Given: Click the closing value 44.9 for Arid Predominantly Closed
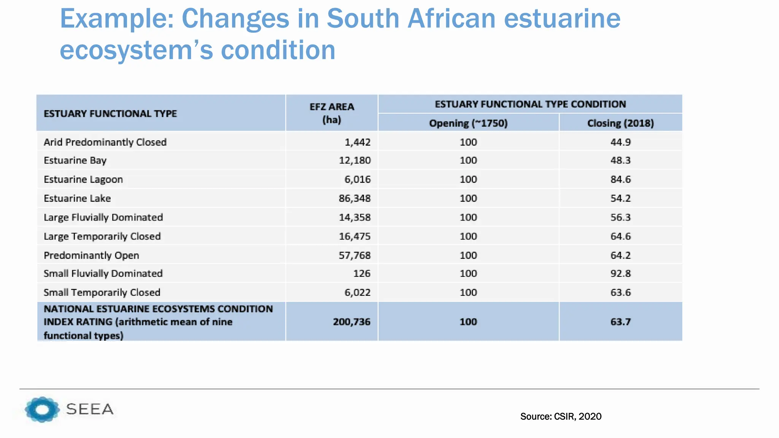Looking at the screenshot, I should (620, 142).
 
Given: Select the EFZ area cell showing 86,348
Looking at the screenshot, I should (355, 198).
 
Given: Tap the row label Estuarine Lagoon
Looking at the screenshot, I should (83, 179).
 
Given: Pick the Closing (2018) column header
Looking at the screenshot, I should (620, 123).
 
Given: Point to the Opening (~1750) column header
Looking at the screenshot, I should (468, 123).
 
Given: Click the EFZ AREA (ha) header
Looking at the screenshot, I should (332, 113).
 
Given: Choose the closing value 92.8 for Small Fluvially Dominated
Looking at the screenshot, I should (620, 273).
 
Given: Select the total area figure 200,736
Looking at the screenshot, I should (351, 322).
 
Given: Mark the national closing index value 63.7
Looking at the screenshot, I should (620, 322).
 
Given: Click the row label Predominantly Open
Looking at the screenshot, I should (91, 255).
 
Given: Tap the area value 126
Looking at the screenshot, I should (361, 273).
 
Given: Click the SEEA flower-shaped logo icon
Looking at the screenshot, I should (42, 409).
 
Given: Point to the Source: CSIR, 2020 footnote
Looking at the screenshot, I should (561, 417).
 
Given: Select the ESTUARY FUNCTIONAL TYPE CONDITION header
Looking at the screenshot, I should (530, 104).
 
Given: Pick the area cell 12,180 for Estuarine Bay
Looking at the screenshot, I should (355, 160).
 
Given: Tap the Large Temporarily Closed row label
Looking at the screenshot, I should (102, 236).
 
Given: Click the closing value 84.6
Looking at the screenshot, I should (620, 179).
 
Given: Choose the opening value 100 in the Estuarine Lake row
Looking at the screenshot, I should (468, 198).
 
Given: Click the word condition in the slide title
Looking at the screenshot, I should (278, 50).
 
